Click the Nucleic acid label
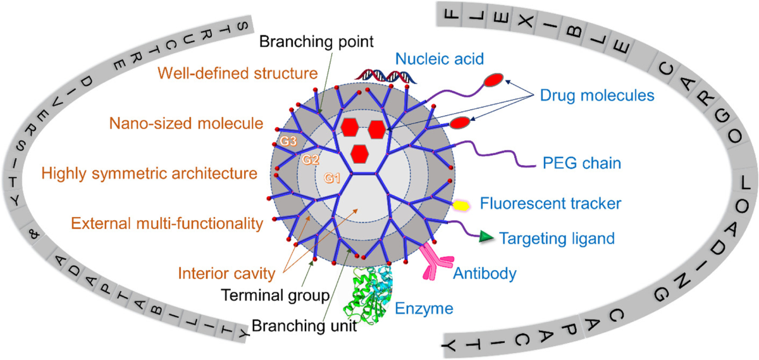click(x=440, y=59)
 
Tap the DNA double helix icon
click(x=386, y=76)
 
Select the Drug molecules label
click(x=597, y=96)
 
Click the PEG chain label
click(x=582, y=163)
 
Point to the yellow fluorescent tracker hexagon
click(x=461, y=206)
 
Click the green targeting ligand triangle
click(x=486, y=236)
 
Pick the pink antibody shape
click(x=436, y=262)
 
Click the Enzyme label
click(x=424, y=309)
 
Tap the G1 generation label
click(x=332, y=178)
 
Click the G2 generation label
click(x=311, y=159)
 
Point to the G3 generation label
click(x=288, y=140)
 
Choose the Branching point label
click(x=316, y=42)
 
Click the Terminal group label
click(x=276, y=295)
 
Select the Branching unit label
click(x=304, y=326)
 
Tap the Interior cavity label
click(x=226, y=273)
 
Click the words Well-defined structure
click(x=238, y=73)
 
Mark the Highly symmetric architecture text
click(x=149, y=173)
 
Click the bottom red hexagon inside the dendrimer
click(x=359, y=154)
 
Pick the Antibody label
click(x=484, y=273)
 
